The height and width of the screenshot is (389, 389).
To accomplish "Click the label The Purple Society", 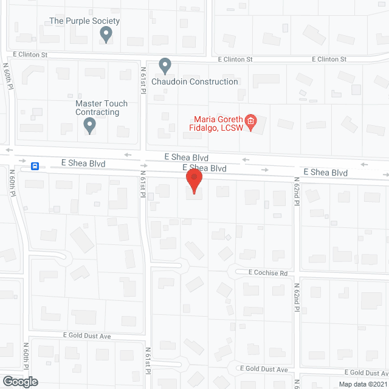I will click(84, 21).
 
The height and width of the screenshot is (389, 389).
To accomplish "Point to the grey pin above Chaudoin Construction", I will click(165, 66).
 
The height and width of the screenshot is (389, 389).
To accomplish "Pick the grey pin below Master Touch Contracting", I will click(89, 126).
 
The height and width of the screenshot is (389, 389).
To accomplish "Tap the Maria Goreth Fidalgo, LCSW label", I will click(218, 123).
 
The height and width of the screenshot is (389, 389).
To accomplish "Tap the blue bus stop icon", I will click(36, 165).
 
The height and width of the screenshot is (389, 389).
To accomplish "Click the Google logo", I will click(19, 381).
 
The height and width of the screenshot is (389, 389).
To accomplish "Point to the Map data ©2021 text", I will click(361, 384).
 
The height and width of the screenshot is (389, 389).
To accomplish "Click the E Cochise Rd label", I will click(267, 273).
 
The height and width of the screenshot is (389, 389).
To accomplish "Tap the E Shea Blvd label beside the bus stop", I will click(83, 164).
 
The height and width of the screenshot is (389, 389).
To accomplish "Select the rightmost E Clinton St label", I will click(329, 59).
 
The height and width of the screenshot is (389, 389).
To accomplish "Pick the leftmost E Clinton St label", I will click(29, 54).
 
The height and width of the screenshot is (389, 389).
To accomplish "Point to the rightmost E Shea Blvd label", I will click(325, 173).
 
